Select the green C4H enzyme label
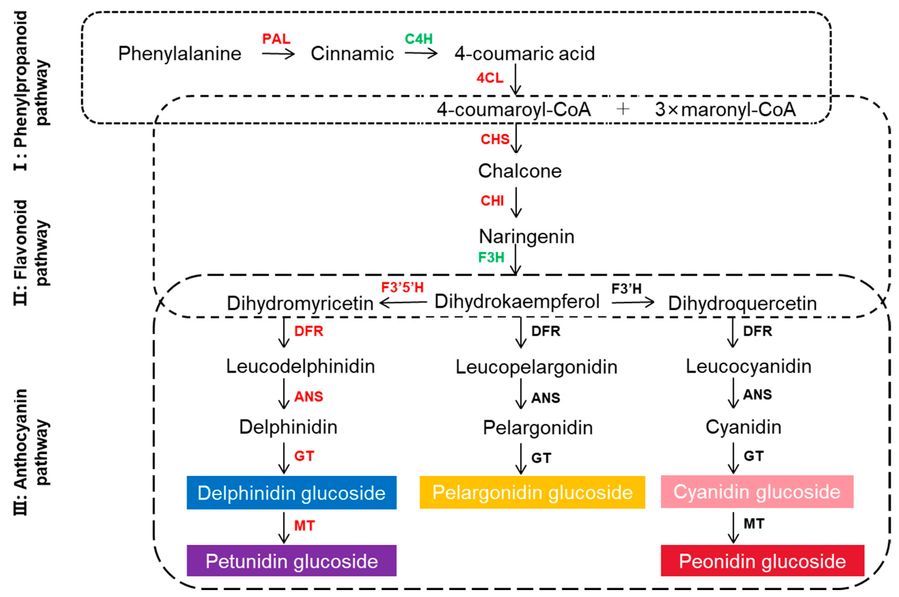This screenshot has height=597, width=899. tap(419, 39)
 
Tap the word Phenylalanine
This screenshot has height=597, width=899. tap(180, 54)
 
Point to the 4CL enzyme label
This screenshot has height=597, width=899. tap(490, 78)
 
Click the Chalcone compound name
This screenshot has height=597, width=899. tap(519, 171)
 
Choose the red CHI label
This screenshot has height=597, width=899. tap(492, 201)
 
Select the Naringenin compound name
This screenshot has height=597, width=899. tap(526, 237)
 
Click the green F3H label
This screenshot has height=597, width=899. tap(491, 258)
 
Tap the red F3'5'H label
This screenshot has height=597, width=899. tap(402, 287)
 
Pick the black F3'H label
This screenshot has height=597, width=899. tap(626, 289)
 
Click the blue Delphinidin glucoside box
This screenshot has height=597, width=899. tap(291, 492)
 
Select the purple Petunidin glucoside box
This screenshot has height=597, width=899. tap(291, 560)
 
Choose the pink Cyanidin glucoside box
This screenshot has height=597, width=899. tap(757, 492)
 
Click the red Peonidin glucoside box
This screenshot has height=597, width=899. tap(762, 560)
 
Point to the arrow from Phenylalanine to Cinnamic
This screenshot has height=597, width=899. tap(278, 54)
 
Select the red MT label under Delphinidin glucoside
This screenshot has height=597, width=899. tap(304, 526)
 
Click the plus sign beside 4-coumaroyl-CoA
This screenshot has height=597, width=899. tap(623, 109)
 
